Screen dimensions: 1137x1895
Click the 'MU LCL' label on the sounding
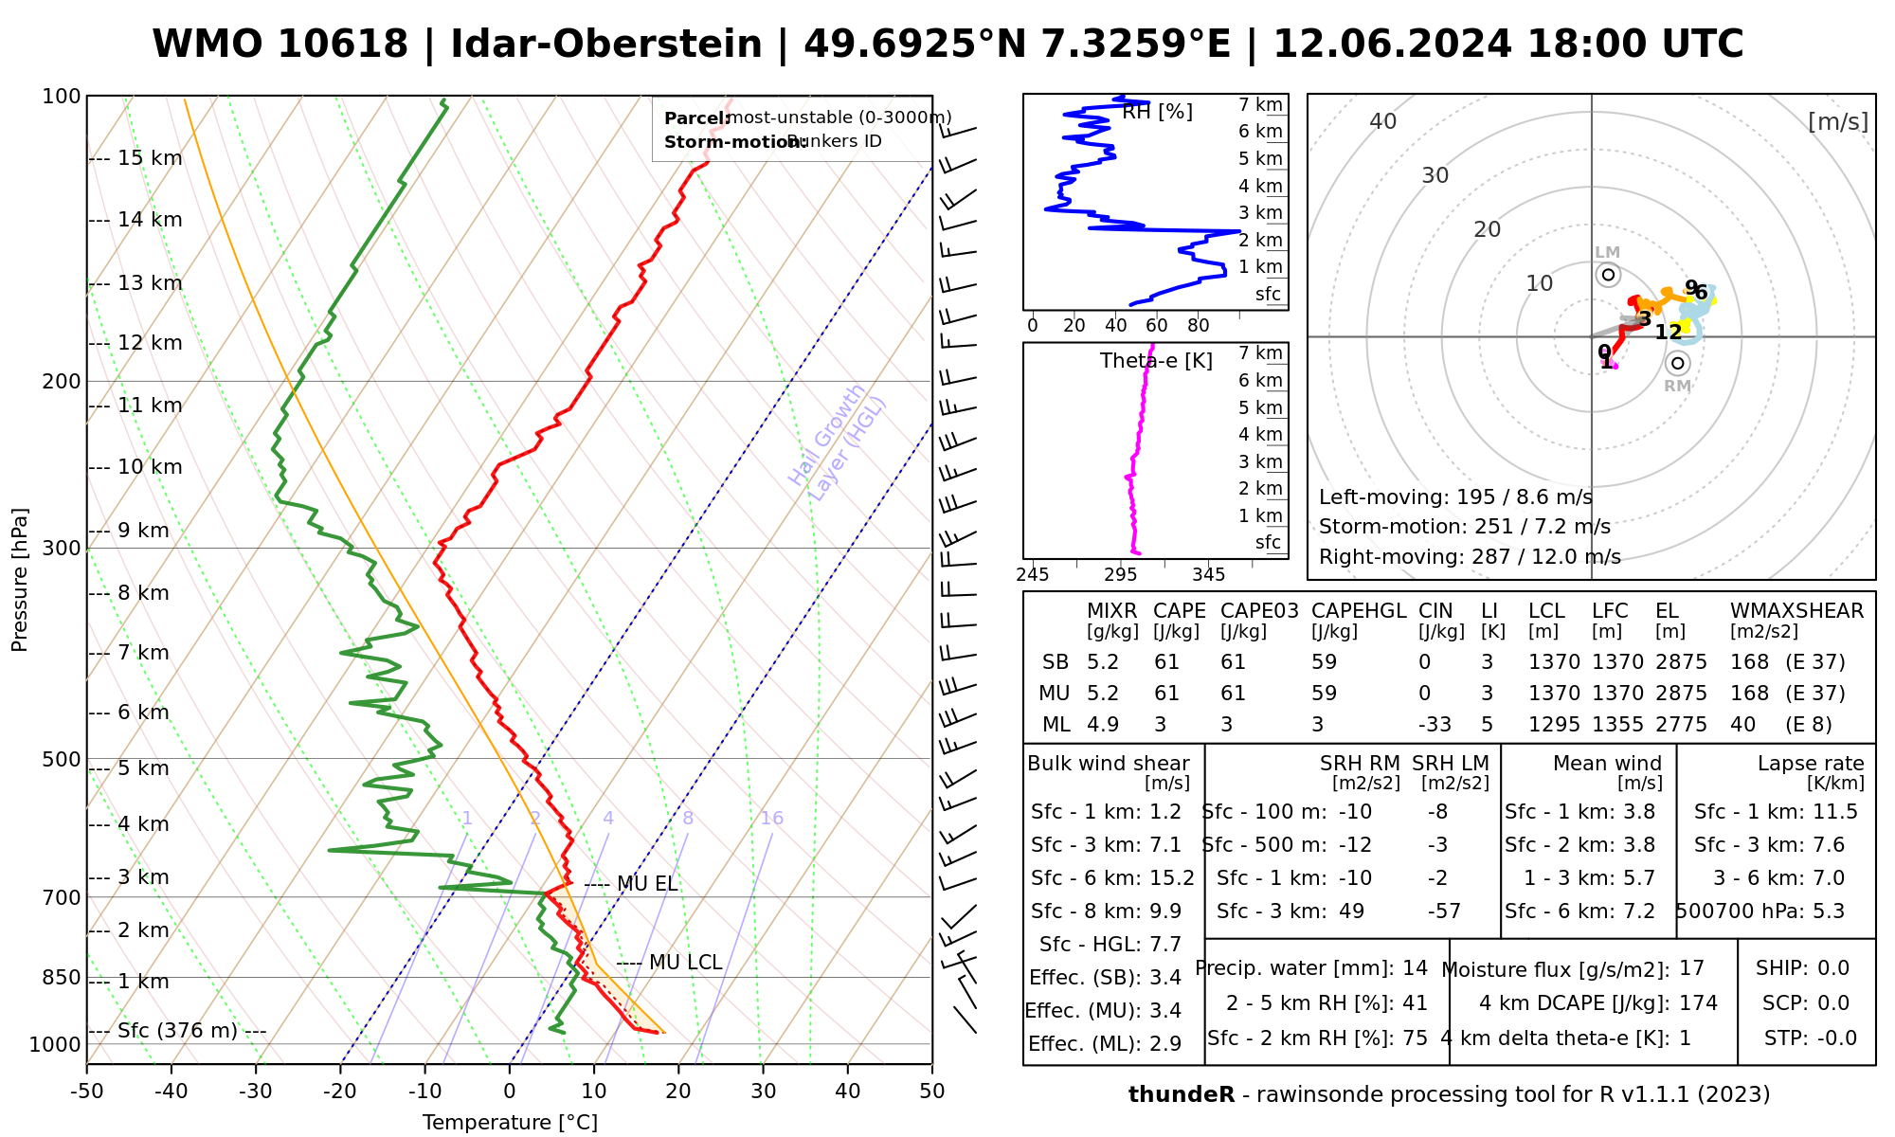tap(685, 963)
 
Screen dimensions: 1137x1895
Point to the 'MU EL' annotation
tap(647, 884)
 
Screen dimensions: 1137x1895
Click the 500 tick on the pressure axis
tap(62, 760)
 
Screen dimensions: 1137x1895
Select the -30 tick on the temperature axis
tap(256, 1092)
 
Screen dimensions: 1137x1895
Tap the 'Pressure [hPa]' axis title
tap(20, 580)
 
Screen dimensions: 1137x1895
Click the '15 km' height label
tap(150, 158)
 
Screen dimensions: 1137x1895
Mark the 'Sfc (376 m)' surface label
tap(177, 1031)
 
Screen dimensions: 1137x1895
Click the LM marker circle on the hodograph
tap(1608, 275)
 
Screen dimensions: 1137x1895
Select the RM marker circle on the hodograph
tap(1678, 364)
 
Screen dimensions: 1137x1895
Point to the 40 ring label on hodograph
tap(1383, 121)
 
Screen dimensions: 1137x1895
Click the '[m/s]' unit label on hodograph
tap(1838, 121)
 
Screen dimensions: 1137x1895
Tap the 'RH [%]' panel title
tap(1157, 112)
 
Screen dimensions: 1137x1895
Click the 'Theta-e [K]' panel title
tap(1156, 361)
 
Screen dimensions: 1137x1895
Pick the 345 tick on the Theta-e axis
tap(1208, 575)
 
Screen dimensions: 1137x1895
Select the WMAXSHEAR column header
tap(1796, 611)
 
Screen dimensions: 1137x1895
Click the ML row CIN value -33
tap(1435, 725)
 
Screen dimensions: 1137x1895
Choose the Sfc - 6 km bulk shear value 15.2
tap(1172, 878)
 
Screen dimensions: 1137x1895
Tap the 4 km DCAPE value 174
tap(1699, 1003)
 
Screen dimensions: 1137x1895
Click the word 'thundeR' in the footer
tap(1182, 1095)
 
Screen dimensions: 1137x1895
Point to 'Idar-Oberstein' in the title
tap(606, 45)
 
